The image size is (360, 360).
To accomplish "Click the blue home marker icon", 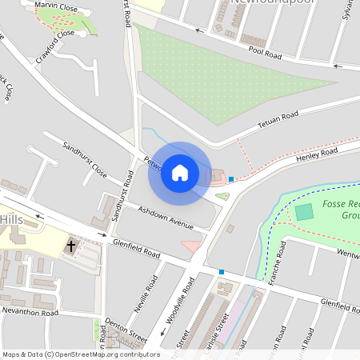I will (x=180, y=173).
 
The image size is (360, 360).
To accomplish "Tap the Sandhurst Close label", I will (x=86, y=160).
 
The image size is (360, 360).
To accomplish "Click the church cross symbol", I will (x=71, y=246).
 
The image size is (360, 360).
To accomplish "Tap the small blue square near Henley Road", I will (x=231, y=179).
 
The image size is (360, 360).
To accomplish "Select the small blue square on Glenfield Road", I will (x=222, y=272).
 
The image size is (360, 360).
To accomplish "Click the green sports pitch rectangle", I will (x=304, y=213).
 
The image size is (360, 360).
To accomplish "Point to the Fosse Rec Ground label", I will (x=340, y=210).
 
